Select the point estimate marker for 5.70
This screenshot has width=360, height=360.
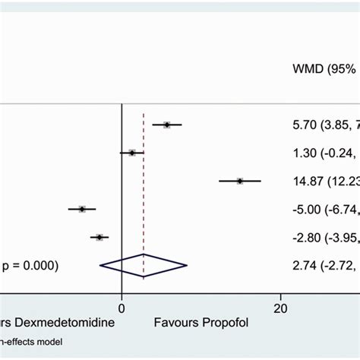pyautogui.click(x=167, y=125)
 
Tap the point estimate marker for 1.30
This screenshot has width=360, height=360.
pyautogui.click(x=132, y=153)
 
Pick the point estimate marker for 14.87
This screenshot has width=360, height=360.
pyautogui.click(x=240, y=181)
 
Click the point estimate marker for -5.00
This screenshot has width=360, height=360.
pyautogui.click(x=82, y=209)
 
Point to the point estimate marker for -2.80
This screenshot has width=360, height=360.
pyautogui.click(x=99, y=238)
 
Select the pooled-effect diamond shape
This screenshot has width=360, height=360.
pyautogui.click(x=144, y=265)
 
